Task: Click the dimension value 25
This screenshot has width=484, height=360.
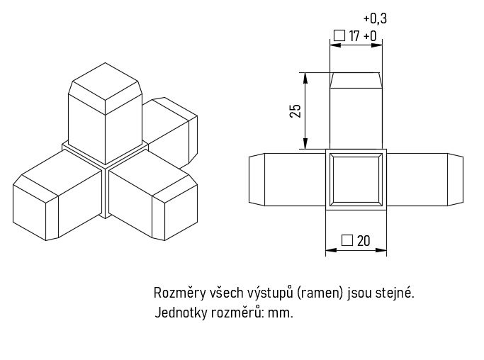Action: (296, 110)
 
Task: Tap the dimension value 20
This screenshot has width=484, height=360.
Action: (364, 241)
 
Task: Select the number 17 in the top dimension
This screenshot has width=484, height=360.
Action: (354, 35)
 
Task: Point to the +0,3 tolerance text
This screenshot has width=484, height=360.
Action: (375, 18)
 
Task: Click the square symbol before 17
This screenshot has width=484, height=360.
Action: (339, 35)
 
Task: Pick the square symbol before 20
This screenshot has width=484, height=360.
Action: (347, 240)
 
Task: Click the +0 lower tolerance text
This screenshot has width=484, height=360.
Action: (370, 35)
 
